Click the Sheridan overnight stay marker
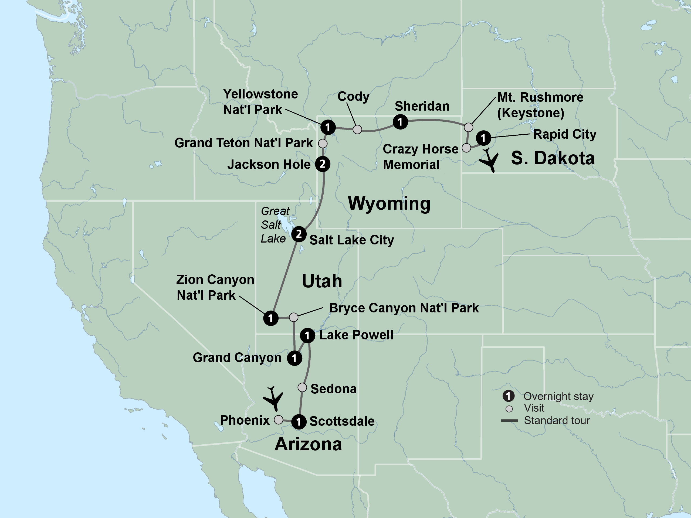tap(400, 122)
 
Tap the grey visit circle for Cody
tap(357, 129)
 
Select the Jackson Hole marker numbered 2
tap(323, 164)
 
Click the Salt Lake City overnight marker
tap(299, 234)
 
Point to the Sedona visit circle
tap(302, 387)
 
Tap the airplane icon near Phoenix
tap(273, 398)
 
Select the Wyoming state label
tap(389, 204)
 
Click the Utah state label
tap(322, 281)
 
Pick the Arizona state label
tap(308, 444)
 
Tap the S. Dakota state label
tap(553, 158)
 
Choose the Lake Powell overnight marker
tap(307, 336)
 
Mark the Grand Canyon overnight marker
tap(294, 358)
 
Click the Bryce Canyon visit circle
tap(294, 317)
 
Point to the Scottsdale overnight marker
tap(299, 422)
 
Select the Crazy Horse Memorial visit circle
tap(466, 148)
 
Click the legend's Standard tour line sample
tap(510, 421)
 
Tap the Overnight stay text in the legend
tap(558, 396)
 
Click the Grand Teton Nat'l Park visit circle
tap(323, 143)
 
